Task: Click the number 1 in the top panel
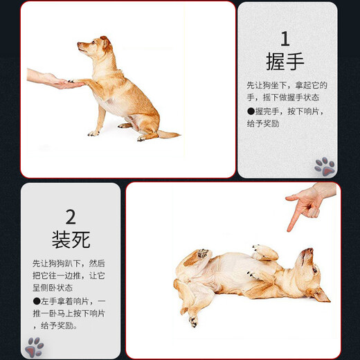[285, 38]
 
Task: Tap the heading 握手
[285, 62]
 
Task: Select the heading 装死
[71, 239]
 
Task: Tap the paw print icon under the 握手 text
[324, 165]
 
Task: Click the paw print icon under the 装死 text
[34, 346]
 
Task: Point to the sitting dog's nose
[79, 45]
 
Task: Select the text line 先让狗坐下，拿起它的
[287, 85]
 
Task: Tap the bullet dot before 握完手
[251, 111]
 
